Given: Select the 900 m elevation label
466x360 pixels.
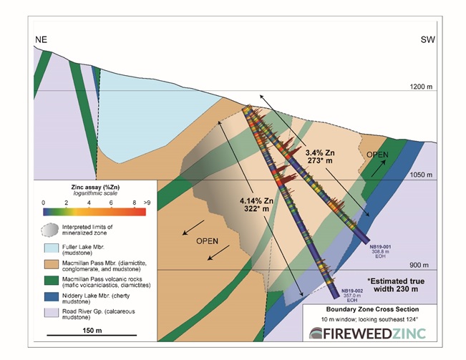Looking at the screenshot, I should (421, 264).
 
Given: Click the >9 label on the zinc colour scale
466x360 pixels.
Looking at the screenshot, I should (146, 203).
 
